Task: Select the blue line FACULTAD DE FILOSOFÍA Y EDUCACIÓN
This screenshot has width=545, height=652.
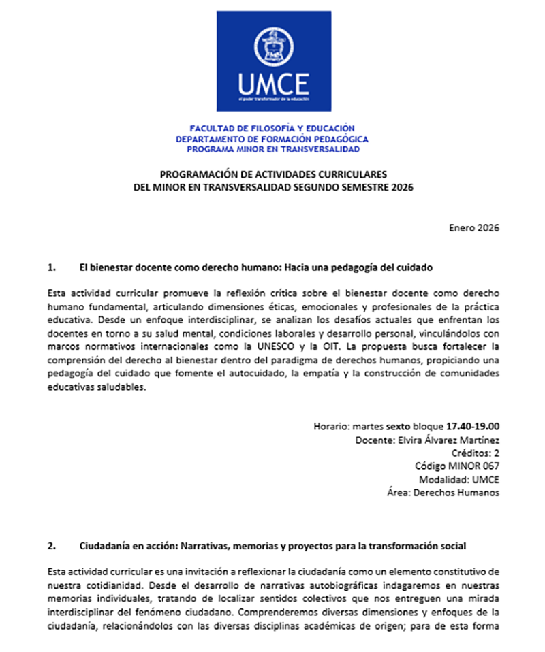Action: coord(272,128)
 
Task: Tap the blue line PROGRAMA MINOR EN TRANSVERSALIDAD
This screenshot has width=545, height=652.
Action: coord(272,148)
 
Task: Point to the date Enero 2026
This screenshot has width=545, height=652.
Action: coord(474,227)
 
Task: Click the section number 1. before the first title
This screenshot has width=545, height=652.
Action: coord(52,267)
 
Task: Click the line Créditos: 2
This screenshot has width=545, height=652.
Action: coord(476,453)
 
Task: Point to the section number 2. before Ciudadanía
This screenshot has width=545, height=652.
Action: coord(52,546)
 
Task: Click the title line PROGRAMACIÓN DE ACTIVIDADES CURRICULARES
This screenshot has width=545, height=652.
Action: coord(272,174)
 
